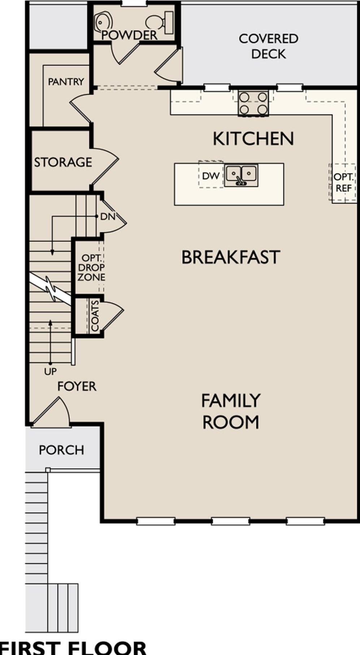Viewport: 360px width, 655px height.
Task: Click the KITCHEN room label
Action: pyautogui.click(x=253, y=139)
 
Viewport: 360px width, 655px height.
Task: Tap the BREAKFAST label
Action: pyautogui.click(x=231, y=257)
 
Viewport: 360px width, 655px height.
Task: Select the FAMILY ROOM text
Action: pyautogui.click(x=231, y=411)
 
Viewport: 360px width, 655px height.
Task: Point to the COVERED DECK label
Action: pyautogui.click(x=269, y=46)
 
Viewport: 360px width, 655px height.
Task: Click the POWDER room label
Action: pyautogui.click(x=130, y=35)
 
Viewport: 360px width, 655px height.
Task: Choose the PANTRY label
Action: pyautogui.click(x=66, y=82)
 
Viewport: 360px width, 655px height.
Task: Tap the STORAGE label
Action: pyautogui.click(x=63, y=162)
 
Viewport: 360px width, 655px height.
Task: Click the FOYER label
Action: pyautogui.click(x=77, y=386)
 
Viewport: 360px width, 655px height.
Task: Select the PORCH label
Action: pyautogui.click(x=61, y=450)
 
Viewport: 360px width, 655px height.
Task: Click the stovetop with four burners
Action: pyautogui.click(x=253, y=103)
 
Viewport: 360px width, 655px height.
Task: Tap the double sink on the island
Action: pyautogui.click(x=241, y=175)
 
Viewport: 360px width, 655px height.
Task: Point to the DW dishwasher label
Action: pyautogui.click(x=211, y=176)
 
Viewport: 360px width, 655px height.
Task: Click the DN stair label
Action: pyautogui.click(x=108, y=217)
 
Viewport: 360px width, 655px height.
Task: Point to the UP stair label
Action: pyautogui.click(x=50, y=371)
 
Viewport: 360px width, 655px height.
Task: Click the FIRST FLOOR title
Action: pyautogui.click(x=73, y=647)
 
